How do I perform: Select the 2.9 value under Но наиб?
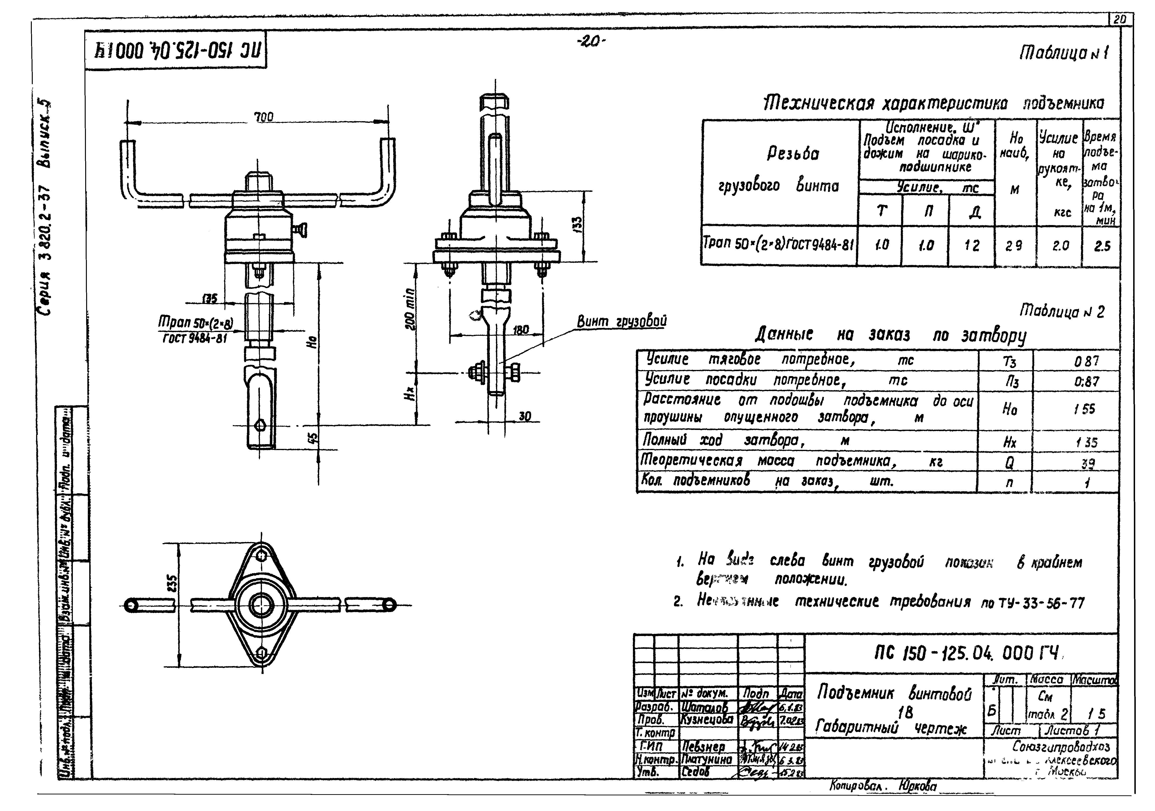click(x=1014, y=246)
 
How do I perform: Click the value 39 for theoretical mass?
click(x=1089, y=463)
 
